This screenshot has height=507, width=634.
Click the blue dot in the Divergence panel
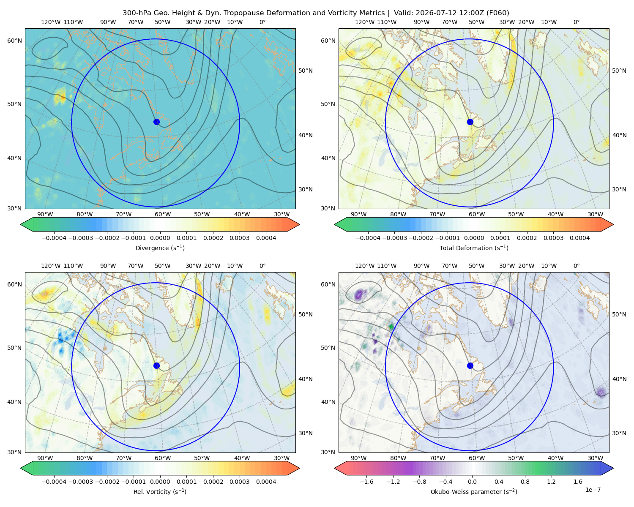tap(156, 122)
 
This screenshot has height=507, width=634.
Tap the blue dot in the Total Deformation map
tap(470, 122)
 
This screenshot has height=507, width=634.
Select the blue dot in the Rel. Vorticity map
tap(156, 365)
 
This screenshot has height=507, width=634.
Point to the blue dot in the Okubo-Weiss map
tap(470, 365)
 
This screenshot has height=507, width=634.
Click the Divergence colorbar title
tap(160, 248)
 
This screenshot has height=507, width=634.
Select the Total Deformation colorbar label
tap(474, 248)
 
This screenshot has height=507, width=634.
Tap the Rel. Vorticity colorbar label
tap(160, 492)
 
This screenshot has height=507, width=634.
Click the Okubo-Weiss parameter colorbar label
tap(474, 492)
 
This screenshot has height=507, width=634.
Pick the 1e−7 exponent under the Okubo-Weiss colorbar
tap(593, 490)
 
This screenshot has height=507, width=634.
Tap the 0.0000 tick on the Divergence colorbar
tap(160, 238)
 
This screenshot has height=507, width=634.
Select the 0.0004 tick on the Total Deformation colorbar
tap(579, 238)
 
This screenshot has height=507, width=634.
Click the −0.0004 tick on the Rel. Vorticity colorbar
tap(54, 482)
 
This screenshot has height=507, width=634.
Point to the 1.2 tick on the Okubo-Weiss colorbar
tap(551, 482)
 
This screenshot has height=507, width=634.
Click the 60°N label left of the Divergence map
tap(14, 41)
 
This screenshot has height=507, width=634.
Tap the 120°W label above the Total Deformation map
tap(364, 22)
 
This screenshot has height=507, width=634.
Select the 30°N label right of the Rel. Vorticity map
tap(306, 433)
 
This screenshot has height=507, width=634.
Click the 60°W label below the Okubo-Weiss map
tap(476, 458)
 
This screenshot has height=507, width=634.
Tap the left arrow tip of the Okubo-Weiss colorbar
tap(334, 468)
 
